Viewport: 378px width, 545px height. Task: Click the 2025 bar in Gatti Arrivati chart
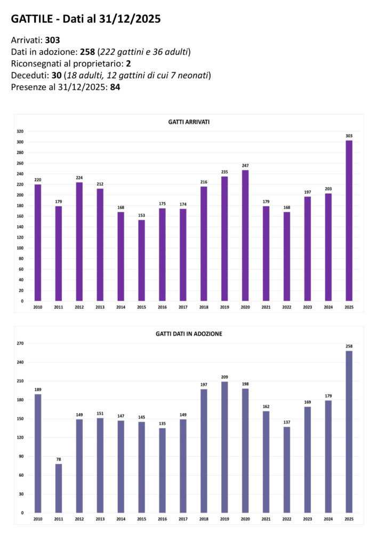pyautogui.click(x=349, y=221)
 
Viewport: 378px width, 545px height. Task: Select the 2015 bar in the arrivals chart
pyautogui.click(x=141, y=261)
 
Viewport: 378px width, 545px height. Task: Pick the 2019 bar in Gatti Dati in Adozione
pyautogui.click(x=224, y=447)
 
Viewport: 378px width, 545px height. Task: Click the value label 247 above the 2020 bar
pyautogui.click(x=245, y=166)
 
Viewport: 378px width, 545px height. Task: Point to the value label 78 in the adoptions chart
pyautogui.click(x=59, y=459)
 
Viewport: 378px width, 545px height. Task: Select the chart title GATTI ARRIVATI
pyautogui.click(x=189, y=122)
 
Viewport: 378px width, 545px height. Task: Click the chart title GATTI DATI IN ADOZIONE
pyautogui.click(x=189, y=334)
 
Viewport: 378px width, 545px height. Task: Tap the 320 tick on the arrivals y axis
pyautogui.click(x=20, y=131)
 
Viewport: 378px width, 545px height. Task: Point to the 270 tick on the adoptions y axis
pyautogui.click(x=20, y=344)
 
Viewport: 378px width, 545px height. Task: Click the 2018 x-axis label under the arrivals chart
pyautogui.click(x=204, y=307)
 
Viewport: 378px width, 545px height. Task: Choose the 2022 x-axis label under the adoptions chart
pyautogui.click(x=287, y=519)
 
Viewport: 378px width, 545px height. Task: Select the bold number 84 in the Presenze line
pyautogui.click(x=115, y=87)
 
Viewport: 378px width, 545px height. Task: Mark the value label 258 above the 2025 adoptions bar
pyautogui.click(x=349, y=346)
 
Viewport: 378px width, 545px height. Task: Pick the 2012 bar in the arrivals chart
pyautogui.click(x=79, y=242)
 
